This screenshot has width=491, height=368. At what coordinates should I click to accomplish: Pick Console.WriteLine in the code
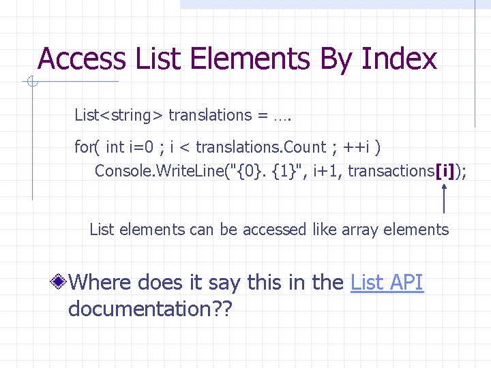point(151,171)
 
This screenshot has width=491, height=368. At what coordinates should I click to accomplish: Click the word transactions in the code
point(391,171)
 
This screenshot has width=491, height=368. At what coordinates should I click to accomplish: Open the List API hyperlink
point(387,281)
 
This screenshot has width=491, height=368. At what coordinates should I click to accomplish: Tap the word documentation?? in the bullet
point(150,309)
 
